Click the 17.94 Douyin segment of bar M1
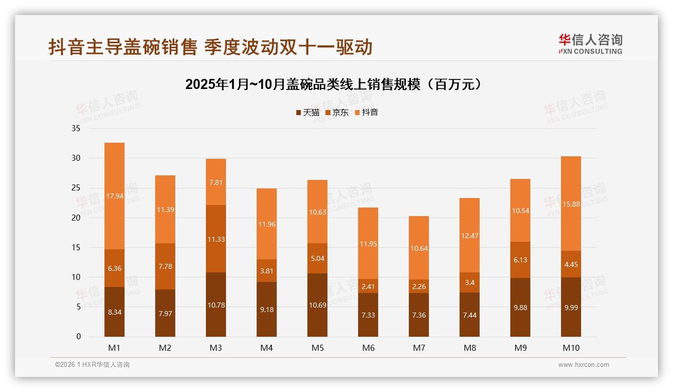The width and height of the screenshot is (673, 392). [115, 196]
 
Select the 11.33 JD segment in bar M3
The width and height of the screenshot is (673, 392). [216, 239]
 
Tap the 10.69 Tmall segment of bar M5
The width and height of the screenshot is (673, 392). [317, 305]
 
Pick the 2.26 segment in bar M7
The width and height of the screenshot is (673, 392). [419, 286]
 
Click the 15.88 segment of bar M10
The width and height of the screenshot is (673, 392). [571, 204]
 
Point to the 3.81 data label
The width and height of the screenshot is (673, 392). [267, 270]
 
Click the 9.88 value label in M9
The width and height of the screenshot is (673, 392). [520, 308]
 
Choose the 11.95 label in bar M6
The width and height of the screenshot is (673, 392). [368, 244]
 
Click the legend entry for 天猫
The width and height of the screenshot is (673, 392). [308, 113]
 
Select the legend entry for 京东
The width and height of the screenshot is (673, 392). [337, 113]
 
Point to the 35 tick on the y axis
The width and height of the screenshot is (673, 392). [76, 129]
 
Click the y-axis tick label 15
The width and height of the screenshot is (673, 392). [76, 247]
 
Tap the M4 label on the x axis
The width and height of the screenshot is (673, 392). [267, 348]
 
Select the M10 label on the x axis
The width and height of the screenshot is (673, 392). [571, 348]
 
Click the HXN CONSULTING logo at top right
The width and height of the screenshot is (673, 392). [591, 44]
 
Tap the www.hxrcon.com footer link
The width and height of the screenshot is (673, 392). [584, 365]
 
